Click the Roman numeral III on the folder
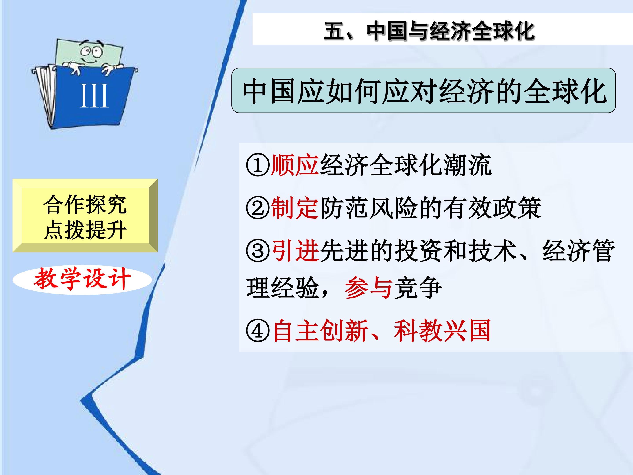94,96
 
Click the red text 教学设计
82,279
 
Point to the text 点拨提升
85,230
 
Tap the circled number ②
258,208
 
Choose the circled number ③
258,251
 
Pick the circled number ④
258,331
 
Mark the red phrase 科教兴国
442,331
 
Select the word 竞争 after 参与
418,288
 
